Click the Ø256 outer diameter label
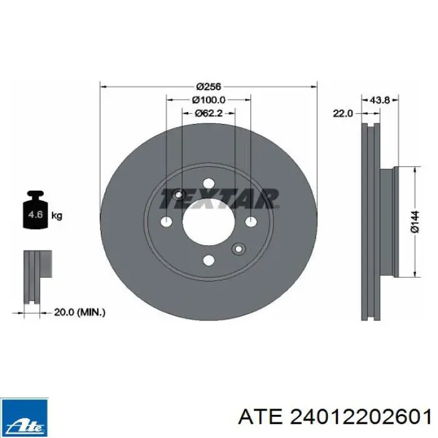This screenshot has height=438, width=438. click(208, 86)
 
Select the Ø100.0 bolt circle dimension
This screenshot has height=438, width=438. click(208, 99)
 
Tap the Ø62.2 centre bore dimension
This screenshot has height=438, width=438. click(208, 113)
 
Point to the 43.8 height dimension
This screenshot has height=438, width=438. click(379, 99)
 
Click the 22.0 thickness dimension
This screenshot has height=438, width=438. click(343, 113)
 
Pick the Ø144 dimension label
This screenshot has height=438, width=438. click(415, 222)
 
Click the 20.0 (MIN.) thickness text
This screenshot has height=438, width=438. click(79, 312)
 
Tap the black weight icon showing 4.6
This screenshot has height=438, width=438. click(36, 210)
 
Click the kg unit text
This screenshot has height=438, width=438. click(57, 216)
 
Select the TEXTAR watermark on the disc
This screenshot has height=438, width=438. click(219, 198)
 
